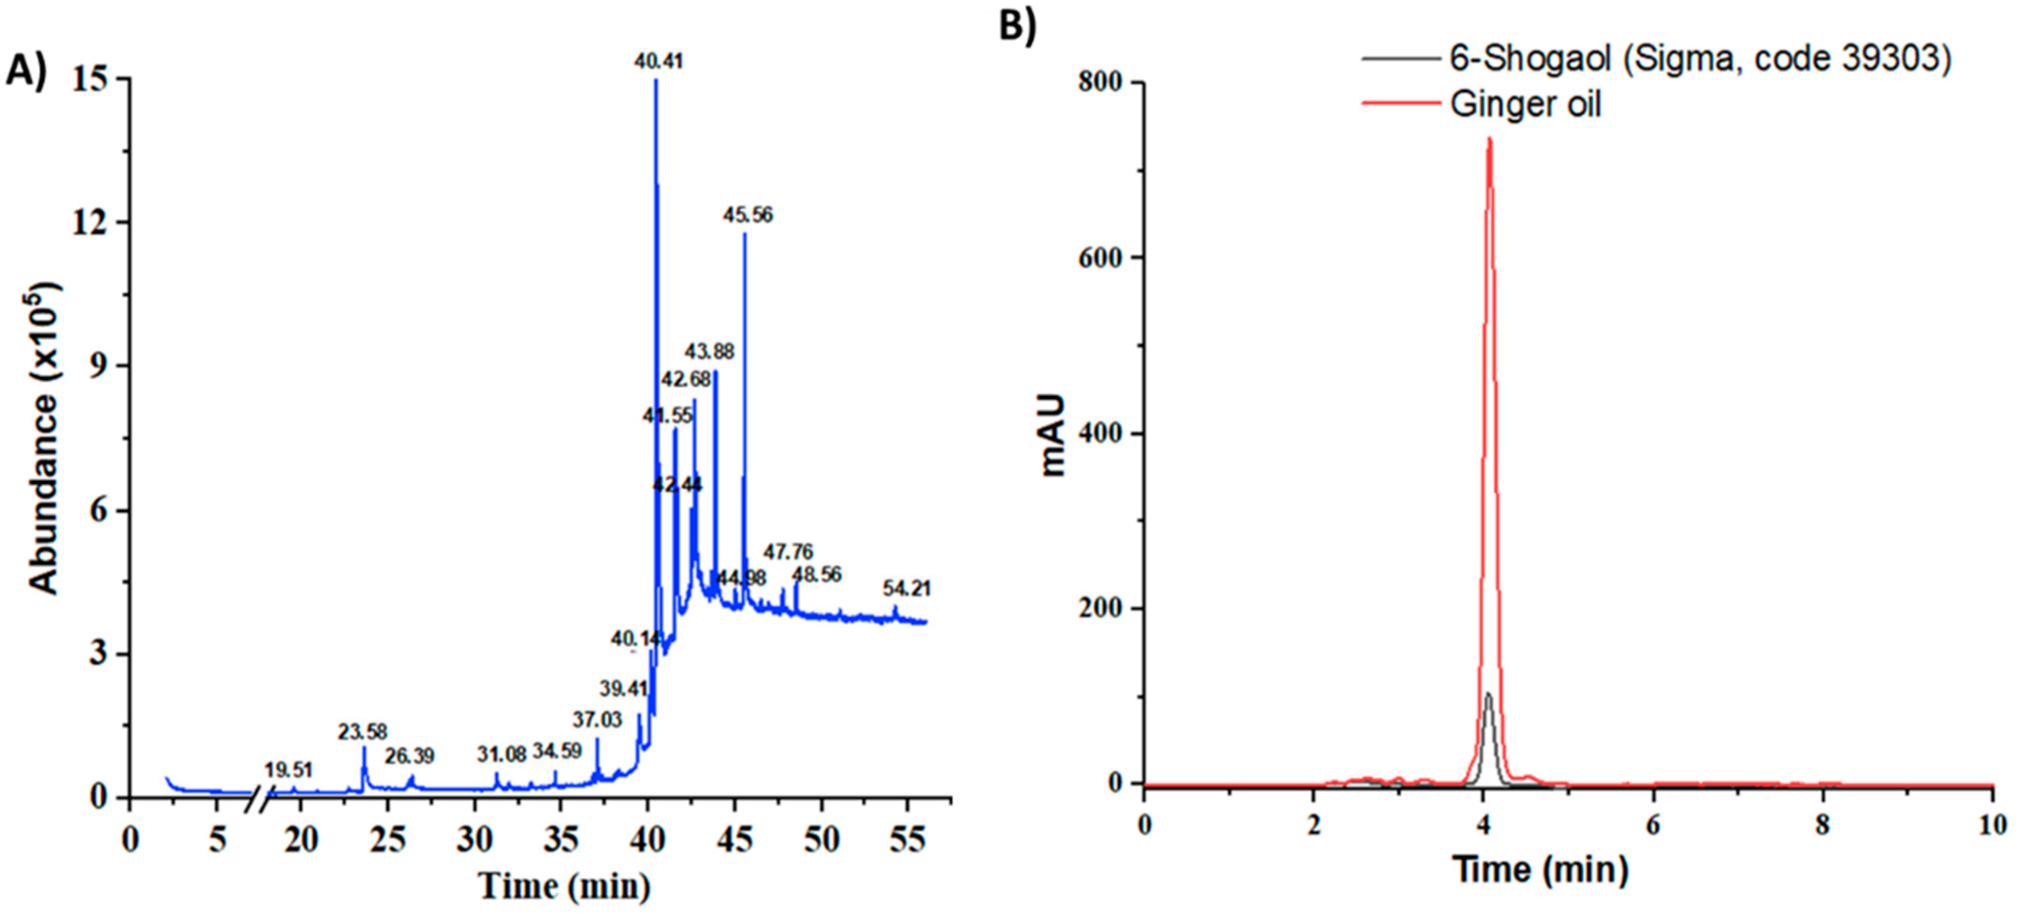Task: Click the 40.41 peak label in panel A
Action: [658, 61]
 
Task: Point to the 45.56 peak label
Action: [747, 214]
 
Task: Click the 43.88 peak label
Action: [709, 351]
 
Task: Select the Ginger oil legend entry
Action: [1525, 104]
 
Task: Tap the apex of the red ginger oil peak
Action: [1489, 139]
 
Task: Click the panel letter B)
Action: [1017, 26]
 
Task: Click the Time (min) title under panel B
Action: [1540, 868]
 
